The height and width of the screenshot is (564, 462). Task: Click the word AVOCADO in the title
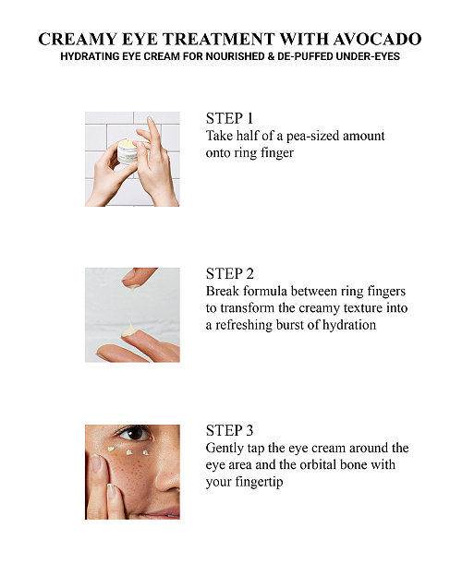point(377,39)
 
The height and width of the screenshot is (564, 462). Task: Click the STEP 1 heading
point(229,118)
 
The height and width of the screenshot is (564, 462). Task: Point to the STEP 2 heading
point(230,274)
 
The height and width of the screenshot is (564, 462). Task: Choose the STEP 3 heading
point(230,430)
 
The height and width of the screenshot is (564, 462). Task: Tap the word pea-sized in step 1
point(312,137)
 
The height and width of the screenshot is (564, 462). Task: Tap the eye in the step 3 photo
point(134,433)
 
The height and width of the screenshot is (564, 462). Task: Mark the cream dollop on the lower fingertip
point(128,330)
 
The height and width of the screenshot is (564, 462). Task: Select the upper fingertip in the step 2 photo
point(137,277)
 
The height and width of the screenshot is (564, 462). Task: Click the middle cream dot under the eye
point(129,453)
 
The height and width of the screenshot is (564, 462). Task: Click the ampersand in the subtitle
point(270,56)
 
